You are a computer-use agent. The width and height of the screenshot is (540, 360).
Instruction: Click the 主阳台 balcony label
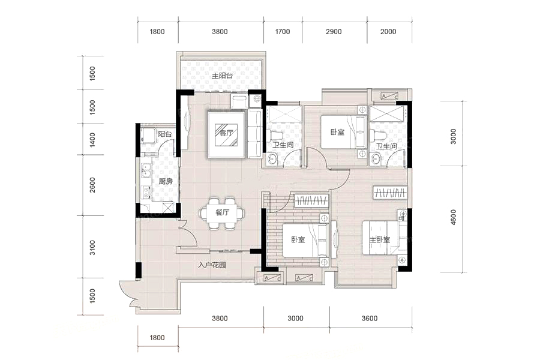tap(222, 76)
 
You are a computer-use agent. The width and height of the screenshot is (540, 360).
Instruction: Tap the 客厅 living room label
tap(226, 133)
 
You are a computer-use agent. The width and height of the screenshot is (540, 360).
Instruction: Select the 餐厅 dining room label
tap(222, 212)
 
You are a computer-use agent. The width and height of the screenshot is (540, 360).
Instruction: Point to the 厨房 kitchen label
tap(166, 181)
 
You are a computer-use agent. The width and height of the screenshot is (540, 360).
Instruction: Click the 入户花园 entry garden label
tap(212, 265)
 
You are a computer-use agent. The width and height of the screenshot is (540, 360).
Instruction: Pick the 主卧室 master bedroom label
tap(380, 240)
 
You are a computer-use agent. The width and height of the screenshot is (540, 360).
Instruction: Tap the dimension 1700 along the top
tap(283, 32)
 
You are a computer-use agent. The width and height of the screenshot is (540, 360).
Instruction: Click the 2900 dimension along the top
tap(334, 32)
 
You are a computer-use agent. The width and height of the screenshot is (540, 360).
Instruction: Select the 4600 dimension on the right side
tap(453, 217)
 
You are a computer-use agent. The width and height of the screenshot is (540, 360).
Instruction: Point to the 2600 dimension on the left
tap(92, 185)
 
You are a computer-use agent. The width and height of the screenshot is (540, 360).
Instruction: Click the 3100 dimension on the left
tap(92, 248)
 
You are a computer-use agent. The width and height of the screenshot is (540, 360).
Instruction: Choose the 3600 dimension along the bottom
tap(370, 319)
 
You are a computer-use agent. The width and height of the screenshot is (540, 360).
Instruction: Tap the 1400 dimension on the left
tap(92, 140)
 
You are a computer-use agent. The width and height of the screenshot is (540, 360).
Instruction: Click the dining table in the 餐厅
tap(222, 213)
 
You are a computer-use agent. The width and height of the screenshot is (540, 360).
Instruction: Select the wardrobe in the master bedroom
tap(390, 192)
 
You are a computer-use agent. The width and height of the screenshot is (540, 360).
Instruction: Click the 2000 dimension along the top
tap(388, 32)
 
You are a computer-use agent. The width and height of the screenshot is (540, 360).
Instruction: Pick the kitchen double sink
tap(146, 170)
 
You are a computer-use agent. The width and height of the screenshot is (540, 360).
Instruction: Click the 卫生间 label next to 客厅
tap(283, 145)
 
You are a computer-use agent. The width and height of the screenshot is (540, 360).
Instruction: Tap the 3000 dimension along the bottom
tap(295, 319)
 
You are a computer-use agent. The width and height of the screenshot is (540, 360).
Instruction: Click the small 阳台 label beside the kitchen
tap(165, 134)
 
